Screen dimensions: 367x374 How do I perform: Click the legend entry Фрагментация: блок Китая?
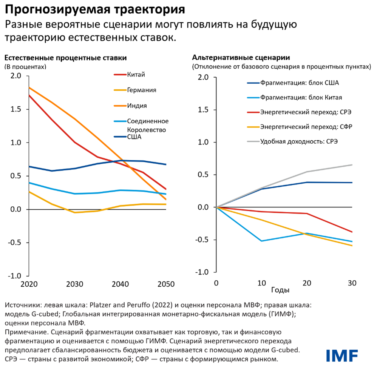[301, 97]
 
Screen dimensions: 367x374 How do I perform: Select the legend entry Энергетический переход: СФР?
[306, 127]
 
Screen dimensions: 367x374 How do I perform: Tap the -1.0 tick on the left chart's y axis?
[15, 276]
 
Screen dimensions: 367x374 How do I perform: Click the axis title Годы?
[280, 290]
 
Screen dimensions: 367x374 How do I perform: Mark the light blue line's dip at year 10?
[261, 241]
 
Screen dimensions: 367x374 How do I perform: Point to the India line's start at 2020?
[29, 88]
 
